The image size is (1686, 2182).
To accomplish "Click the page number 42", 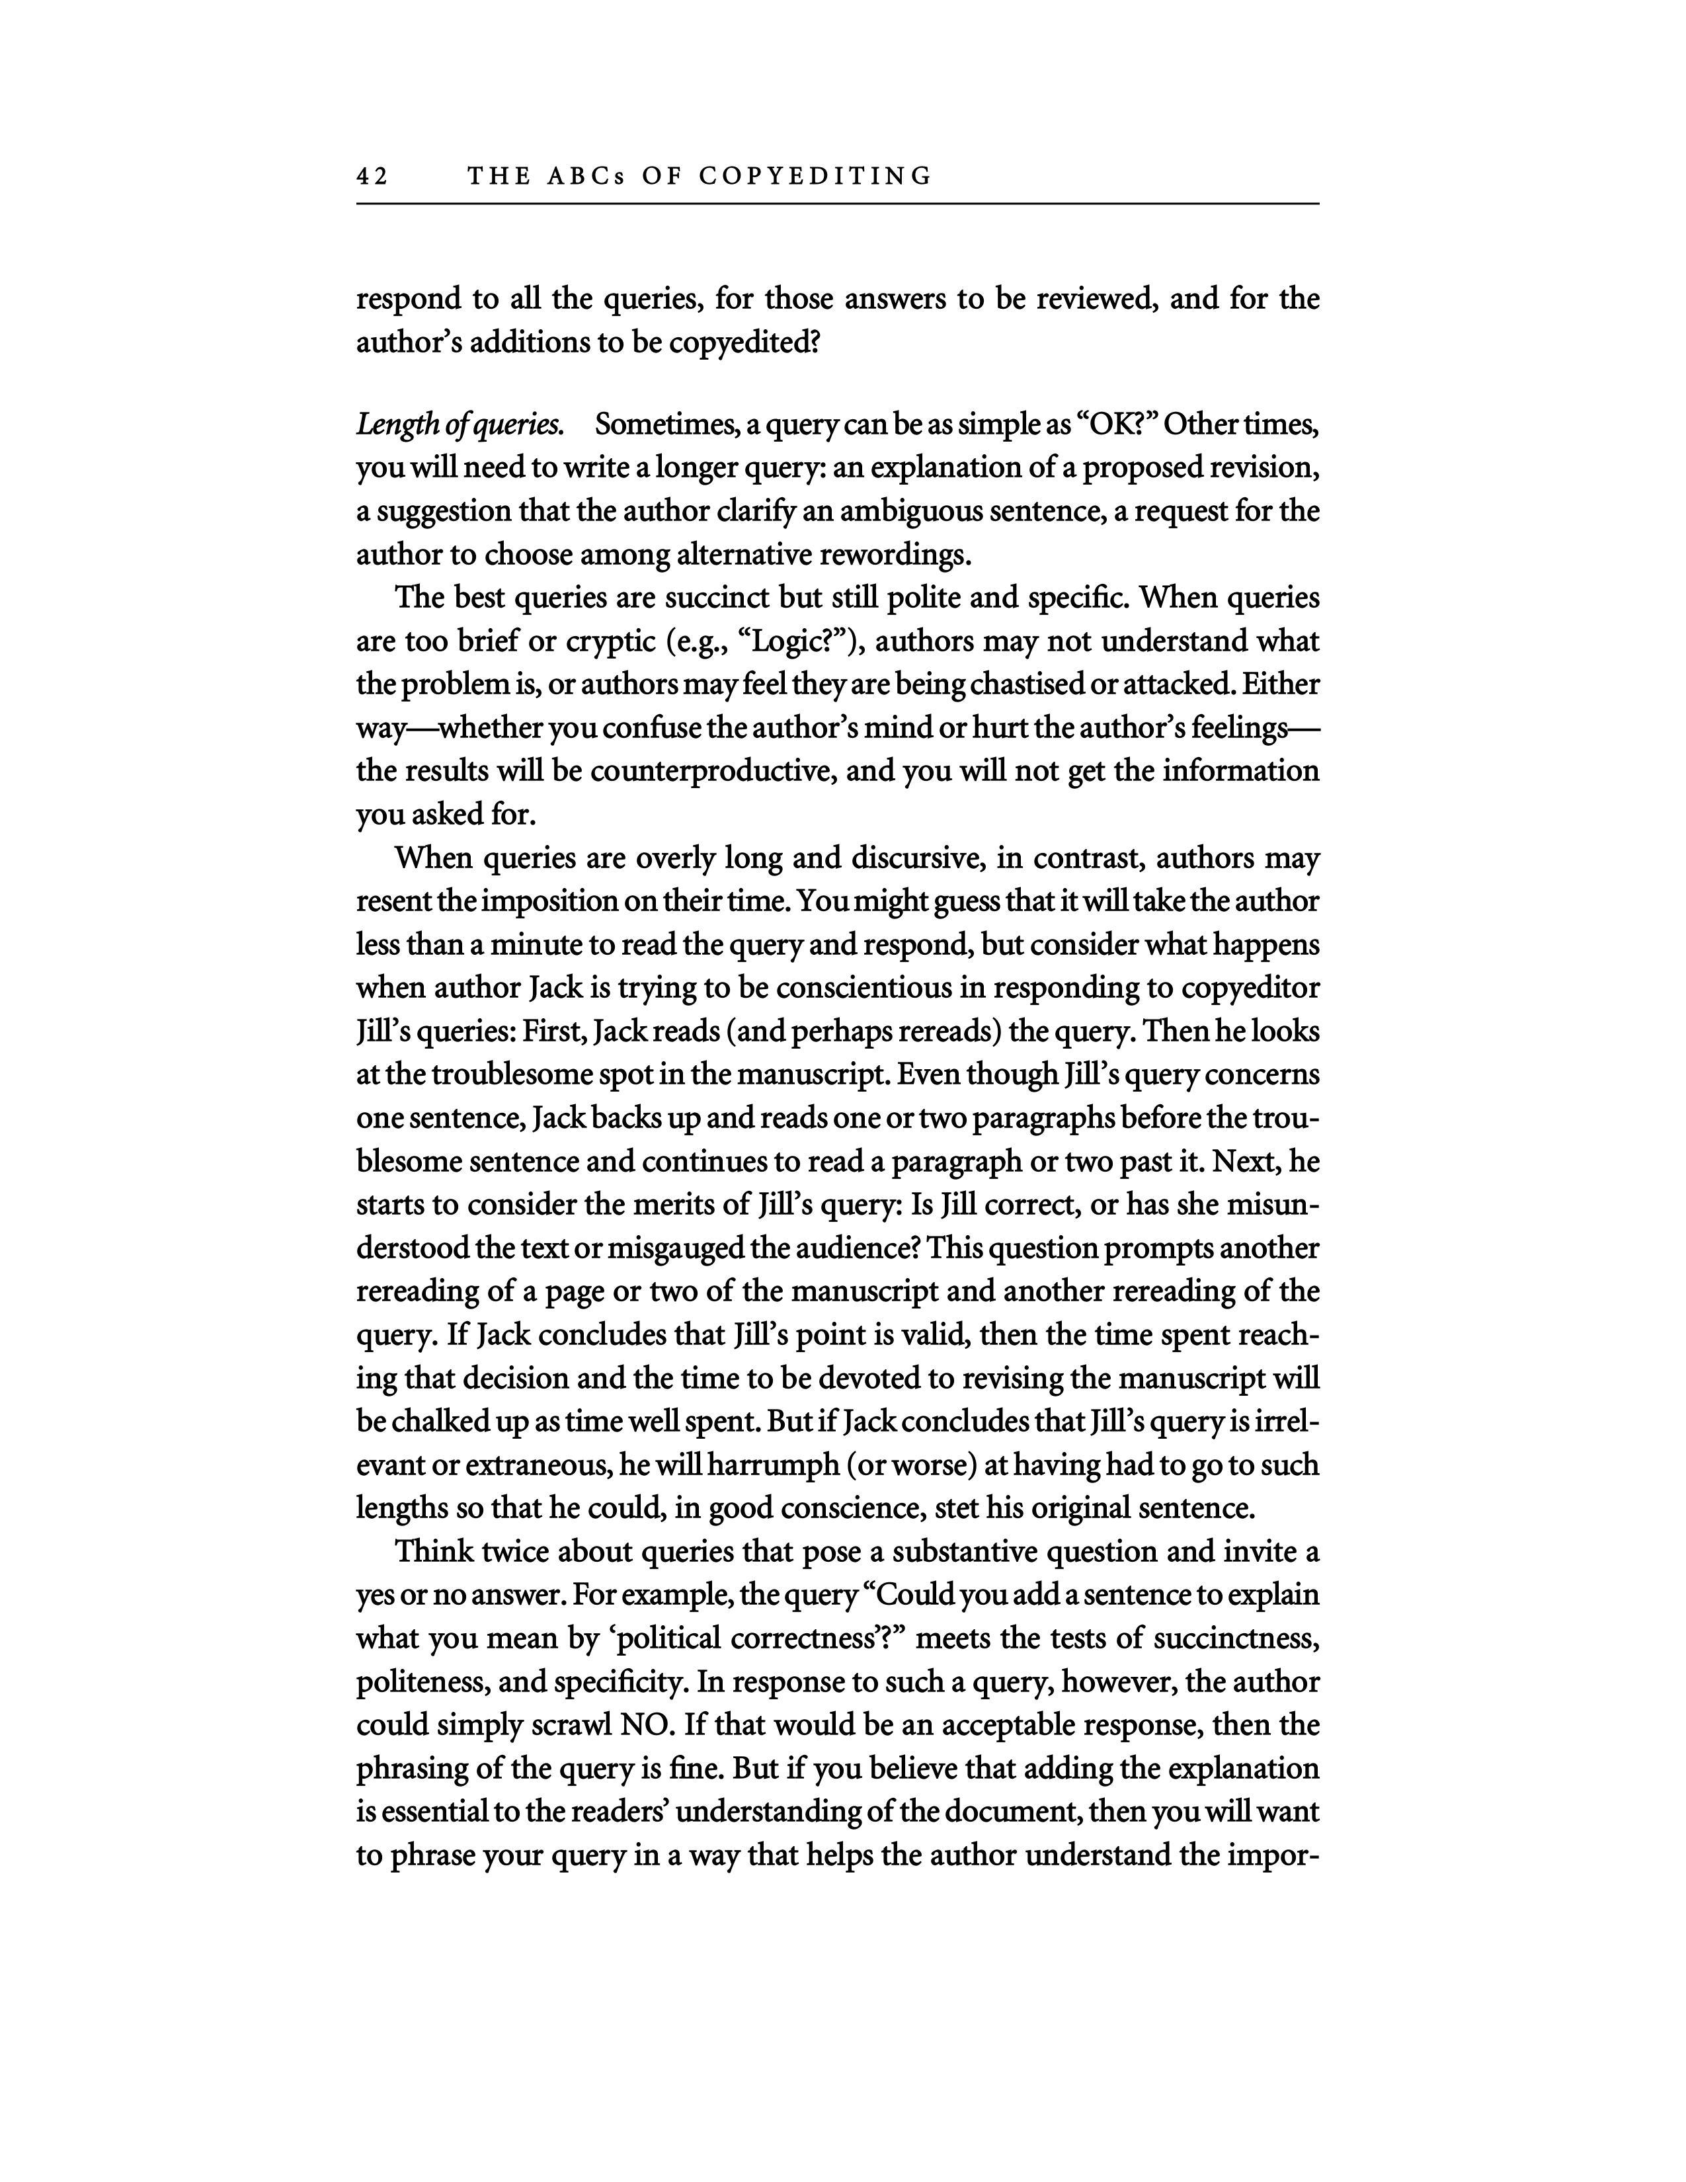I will pyautogui.click(x=372, y=177).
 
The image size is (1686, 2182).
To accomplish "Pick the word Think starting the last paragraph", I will pyautogui.click(x=434, y=1553).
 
